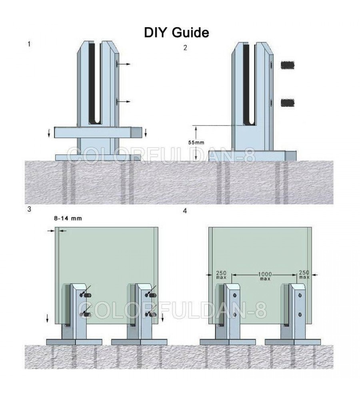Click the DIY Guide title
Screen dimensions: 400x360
pyautogui.click(x=176, y=33)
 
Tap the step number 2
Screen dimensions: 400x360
pyautogui.click(x=185, y=48)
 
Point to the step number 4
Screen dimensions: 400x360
pyautogui.click(x=185, y=210)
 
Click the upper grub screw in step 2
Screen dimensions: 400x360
pyautogui.click(x=287, y=65)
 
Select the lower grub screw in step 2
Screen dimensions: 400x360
pyautogui.click(x=287, y=103)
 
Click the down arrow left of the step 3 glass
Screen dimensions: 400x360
pyautogui.click(x=48, y=318)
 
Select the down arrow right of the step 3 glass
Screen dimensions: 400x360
pyautogui.click(x=162, y=318)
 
